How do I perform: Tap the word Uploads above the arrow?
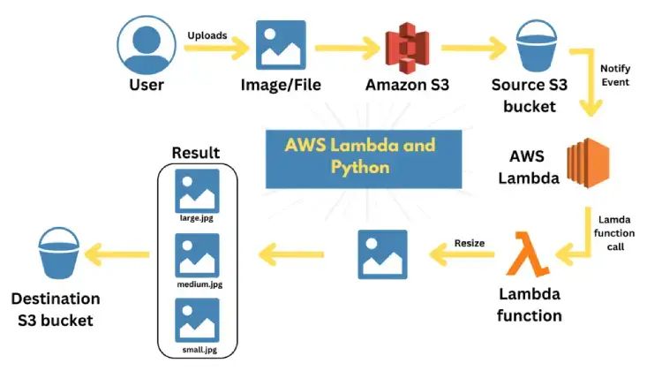207,35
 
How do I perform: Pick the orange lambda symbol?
528,254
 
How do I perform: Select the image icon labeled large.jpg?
198,190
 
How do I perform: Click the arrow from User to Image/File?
213,49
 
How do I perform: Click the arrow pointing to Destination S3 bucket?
118,255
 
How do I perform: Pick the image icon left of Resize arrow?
382,254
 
